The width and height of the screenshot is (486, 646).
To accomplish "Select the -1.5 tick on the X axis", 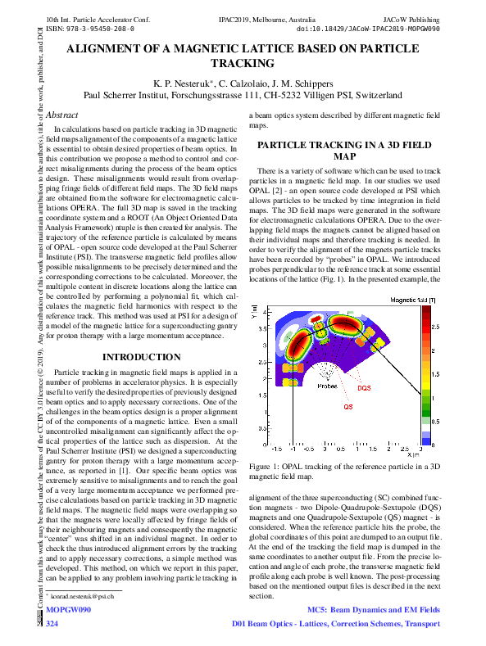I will point(276,450).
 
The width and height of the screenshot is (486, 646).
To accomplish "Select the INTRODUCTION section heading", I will point(135,358).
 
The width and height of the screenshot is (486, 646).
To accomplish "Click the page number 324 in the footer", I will point(52,625).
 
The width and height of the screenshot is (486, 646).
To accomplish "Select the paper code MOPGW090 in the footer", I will point(68,611).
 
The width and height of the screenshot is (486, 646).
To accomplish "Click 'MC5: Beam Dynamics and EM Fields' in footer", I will point(373,611).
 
